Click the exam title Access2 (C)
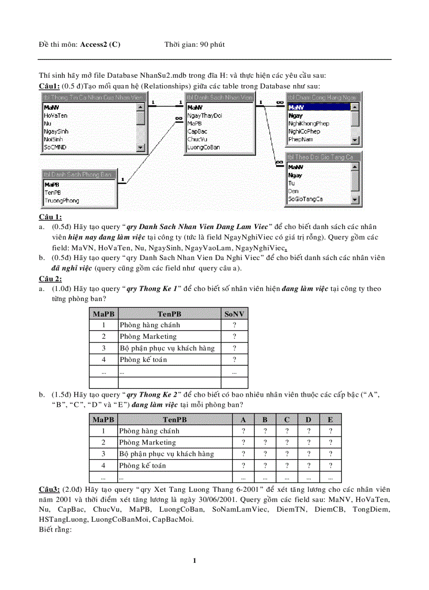coord(100,44)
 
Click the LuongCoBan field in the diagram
coord(203,148)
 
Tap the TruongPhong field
coord(62,201)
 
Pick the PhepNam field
coord(301,140)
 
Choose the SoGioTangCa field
coord(305,199)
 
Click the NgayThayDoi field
coord(205,115)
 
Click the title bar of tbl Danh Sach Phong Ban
coord(78,174)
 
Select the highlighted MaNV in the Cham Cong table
coord(296,107)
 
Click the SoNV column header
coord(234,314)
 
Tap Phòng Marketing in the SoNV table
coord(148,336)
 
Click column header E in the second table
coord(330,419)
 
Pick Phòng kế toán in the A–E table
coord(142,465)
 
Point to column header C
coord(287,419)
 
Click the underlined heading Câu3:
coord(49,489)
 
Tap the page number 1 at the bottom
coord(195,561)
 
